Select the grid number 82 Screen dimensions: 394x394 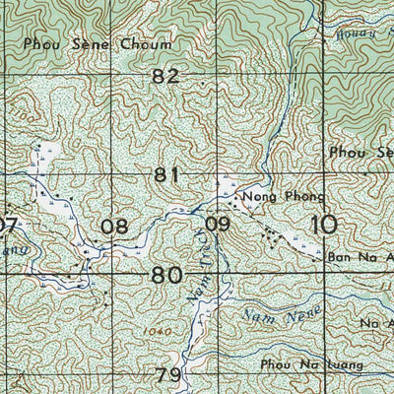[166, 77]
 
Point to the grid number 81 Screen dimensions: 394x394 [166, 175]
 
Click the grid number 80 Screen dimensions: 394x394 [166, 276]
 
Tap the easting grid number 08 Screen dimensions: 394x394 [115, 227]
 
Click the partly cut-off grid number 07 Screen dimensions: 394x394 [8, 227]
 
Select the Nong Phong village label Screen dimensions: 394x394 [271, 198]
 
